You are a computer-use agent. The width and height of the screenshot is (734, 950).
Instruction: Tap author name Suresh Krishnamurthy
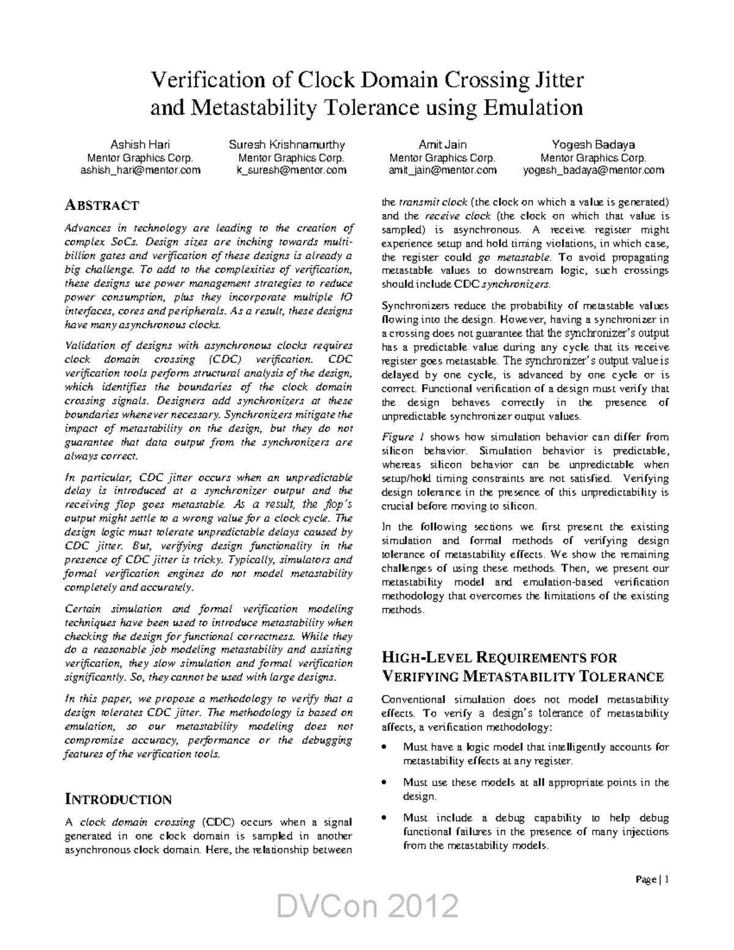(x=287, y=145)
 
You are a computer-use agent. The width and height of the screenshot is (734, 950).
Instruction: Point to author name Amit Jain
(x=442, y=145)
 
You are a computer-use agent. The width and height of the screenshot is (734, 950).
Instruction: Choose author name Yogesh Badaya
(x=593, y=145)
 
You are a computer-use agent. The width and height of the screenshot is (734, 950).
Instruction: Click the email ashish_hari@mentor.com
(x=141, y=171)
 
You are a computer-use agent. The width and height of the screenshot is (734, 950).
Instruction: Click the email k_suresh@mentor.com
(x=291, y=171)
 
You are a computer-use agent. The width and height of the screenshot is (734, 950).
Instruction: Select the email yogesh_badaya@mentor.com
(x=593, y=171)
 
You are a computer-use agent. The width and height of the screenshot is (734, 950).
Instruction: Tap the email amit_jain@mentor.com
(x=442, y=171)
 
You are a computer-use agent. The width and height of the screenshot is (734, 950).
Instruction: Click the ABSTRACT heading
(x=102, y=206)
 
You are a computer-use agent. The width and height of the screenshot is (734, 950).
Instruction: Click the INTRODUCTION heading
(x=118, y=800)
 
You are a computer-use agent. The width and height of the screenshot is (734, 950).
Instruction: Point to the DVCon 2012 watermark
(x=367, y=906)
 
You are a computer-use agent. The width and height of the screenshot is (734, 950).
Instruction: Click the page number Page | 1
(x=653, y=880)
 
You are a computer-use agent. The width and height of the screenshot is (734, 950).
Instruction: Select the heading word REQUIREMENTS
(x=525, y=658)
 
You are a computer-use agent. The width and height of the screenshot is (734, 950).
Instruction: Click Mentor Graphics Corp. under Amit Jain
(x=442, y=158)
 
